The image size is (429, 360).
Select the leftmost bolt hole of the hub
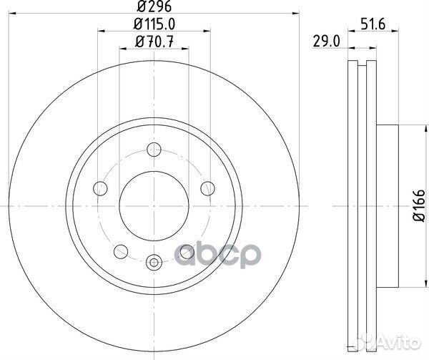(99, 188)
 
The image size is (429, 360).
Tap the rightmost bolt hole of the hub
(208, 188)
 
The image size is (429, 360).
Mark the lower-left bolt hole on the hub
(120, 251)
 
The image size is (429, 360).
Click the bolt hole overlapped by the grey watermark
(187, 251)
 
